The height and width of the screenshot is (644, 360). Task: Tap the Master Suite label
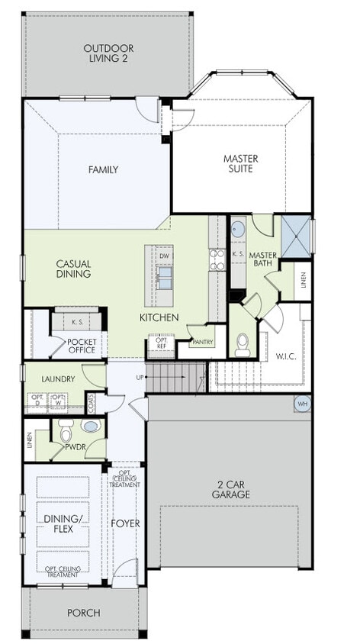[x=240, y=164]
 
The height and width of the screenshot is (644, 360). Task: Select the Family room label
[x=103, y=169]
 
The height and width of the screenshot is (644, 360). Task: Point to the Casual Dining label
[x=74, y=269]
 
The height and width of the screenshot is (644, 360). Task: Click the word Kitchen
[x=159, y=317]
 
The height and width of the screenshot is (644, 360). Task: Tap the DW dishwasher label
[x=165, y=256]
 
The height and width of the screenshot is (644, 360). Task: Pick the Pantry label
[x=202, y=343]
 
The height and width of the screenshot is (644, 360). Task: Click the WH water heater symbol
[x=303, y=403]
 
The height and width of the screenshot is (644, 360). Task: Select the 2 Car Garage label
[x=232, y=489]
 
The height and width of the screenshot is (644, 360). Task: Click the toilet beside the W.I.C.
[x=243, y=348]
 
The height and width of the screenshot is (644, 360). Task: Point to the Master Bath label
[x=262, y=259]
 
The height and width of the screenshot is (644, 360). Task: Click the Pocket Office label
[x=81, y=345]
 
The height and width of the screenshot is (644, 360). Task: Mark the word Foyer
[x=126, y=523]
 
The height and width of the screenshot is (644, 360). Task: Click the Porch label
[x=84, y=612]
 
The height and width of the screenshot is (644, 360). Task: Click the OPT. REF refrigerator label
[x=161, y=343]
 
